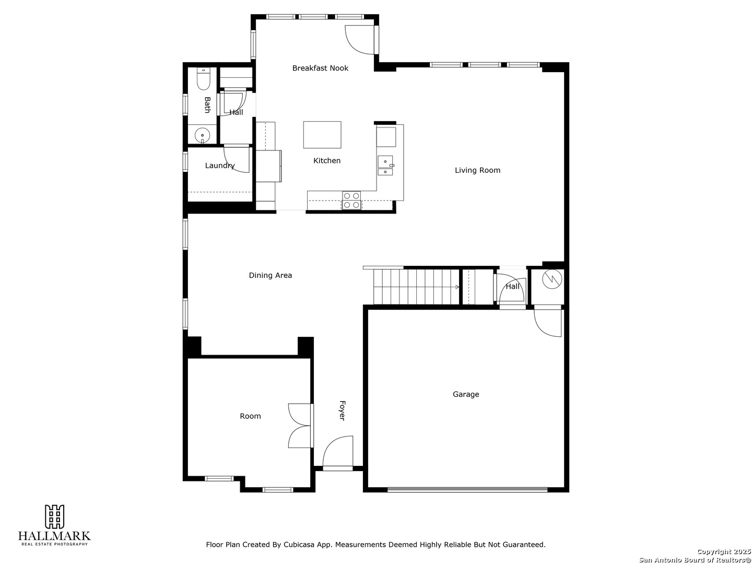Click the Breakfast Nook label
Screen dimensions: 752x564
point(320,68)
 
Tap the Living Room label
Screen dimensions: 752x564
point(477,170)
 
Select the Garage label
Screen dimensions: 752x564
point(466,394)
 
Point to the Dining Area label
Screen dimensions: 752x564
point(271,275)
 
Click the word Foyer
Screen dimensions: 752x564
point(342,410)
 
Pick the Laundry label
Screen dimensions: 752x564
point(220,166)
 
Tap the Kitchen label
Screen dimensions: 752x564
point(327,161)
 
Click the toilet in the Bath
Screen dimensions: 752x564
point(203,79)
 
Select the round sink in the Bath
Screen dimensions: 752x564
point(202,136)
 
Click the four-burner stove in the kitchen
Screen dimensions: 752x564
point(351,201)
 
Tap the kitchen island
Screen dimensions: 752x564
point(322,135)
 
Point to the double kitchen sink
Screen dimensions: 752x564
point(385,166)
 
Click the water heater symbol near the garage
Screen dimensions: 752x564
point(552,279)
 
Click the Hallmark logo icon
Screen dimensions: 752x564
point(54,517)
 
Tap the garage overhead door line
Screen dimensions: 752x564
point(467,490)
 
